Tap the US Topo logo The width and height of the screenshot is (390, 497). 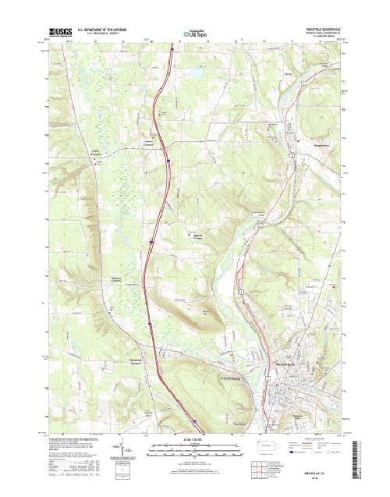(x=195, y=34)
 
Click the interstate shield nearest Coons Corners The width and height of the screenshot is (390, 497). (x=167, y=162)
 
